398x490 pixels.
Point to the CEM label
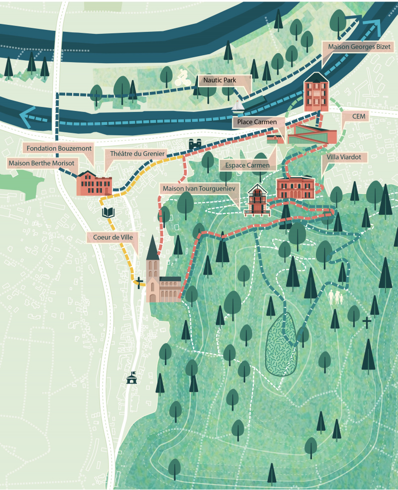pos(358,116)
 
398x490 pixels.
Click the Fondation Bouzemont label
pos(59,147)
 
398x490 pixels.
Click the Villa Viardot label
pos(347,157)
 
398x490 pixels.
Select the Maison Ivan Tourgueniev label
pos(199,189)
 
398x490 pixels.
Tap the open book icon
pos(109,212)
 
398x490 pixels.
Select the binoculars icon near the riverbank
pos(195,144)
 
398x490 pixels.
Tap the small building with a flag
pos(132,378)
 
